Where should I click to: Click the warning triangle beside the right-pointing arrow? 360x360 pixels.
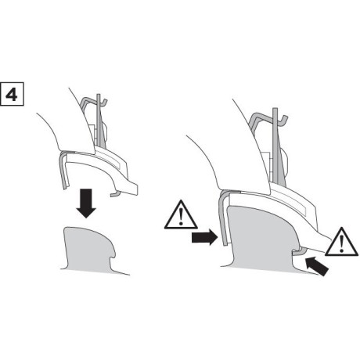[x=178, y=214]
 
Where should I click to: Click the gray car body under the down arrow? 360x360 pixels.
[x=90, y=247]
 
